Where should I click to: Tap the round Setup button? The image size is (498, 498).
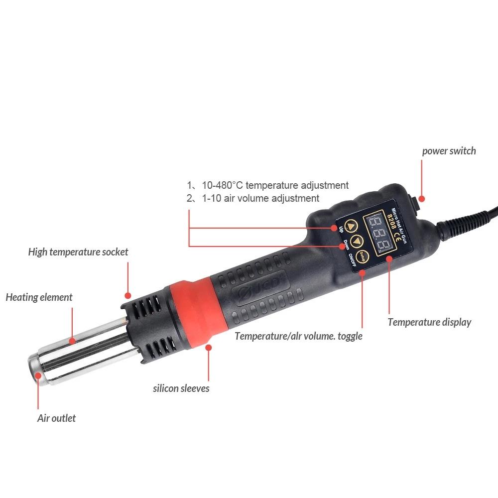[363, 255]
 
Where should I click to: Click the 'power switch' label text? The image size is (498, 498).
[449, 151]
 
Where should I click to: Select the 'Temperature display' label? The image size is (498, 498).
[429, 322]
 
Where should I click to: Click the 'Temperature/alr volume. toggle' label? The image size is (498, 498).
[298, 336]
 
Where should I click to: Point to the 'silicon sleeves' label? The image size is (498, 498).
[181, 388]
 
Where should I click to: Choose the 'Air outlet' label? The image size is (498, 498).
[56, 418]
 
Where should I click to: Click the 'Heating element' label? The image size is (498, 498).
[39, 298]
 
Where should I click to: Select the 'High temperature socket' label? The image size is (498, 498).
[78, 252]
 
